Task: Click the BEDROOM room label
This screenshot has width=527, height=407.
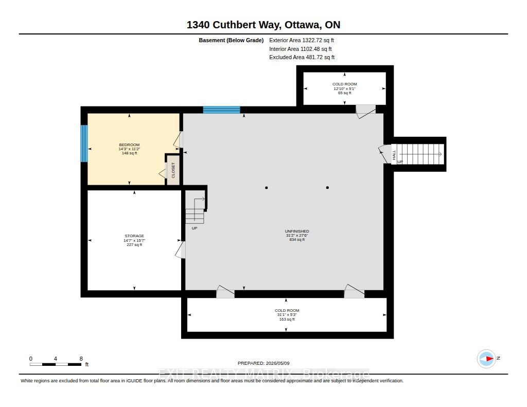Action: coord(129,145)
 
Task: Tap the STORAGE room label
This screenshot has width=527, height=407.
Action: coord(134,236)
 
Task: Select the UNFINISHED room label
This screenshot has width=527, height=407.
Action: coord(297,231)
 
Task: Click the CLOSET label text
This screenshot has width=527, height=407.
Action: coord(173,170)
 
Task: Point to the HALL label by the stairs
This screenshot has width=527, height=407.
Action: coord(394,154)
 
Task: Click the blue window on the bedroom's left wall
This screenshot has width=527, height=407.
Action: coord(84,144)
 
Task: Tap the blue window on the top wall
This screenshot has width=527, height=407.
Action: coord(221,110)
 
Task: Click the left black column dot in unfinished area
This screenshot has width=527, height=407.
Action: coord(267,187)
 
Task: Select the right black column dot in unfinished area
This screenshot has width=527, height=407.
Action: coord(327,187)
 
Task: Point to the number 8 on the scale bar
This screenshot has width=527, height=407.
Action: coord(81,359)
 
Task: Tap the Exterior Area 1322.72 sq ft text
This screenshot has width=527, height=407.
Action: coord(302,40)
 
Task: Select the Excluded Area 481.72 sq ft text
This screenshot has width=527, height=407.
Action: coord(302,58)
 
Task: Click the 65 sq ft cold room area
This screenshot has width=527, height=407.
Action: coord(344,93)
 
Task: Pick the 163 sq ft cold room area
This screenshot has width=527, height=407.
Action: coord(287,320)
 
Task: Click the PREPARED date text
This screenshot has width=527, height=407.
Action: coord(263,363)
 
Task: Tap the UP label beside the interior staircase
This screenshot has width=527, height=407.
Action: coord(194,228)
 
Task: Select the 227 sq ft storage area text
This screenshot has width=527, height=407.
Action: coord(134,245)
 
